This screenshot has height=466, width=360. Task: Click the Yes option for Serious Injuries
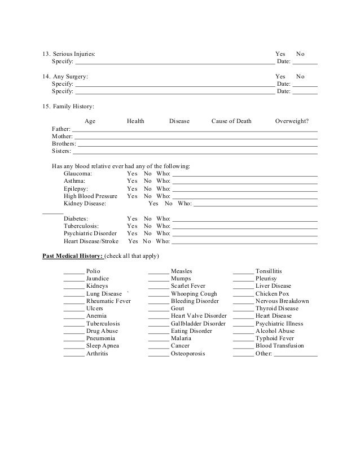[x=280, y=54]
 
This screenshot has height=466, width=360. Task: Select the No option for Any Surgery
[x=300, y=76]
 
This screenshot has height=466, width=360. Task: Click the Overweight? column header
[x=296, y=121]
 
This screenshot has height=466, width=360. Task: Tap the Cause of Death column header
[x=231, y=121]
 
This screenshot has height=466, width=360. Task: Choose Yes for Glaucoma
[x=132, y=174]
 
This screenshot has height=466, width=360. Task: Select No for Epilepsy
[x=147, y=188]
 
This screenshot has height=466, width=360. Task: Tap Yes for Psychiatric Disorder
[x=132, y=233]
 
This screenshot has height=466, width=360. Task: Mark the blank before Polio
[x=73, y=272]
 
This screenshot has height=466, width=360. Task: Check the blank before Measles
[x=158, y=272]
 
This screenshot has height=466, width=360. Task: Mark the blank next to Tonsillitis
[x=243, y=272]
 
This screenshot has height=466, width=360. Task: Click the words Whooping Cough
[x=194, y=294]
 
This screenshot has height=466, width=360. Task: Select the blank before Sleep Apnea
[x=73, y=346]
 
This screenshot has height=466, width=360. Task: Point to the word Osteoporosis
[x=188, y=354]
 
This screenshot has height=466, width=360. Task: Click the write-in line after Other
[x=296, y=355]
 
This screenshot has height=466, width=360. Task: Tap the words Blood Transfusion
[x=279, y=346]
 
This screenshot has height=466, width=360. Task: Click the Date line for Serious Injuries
[x=305, y=62]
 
